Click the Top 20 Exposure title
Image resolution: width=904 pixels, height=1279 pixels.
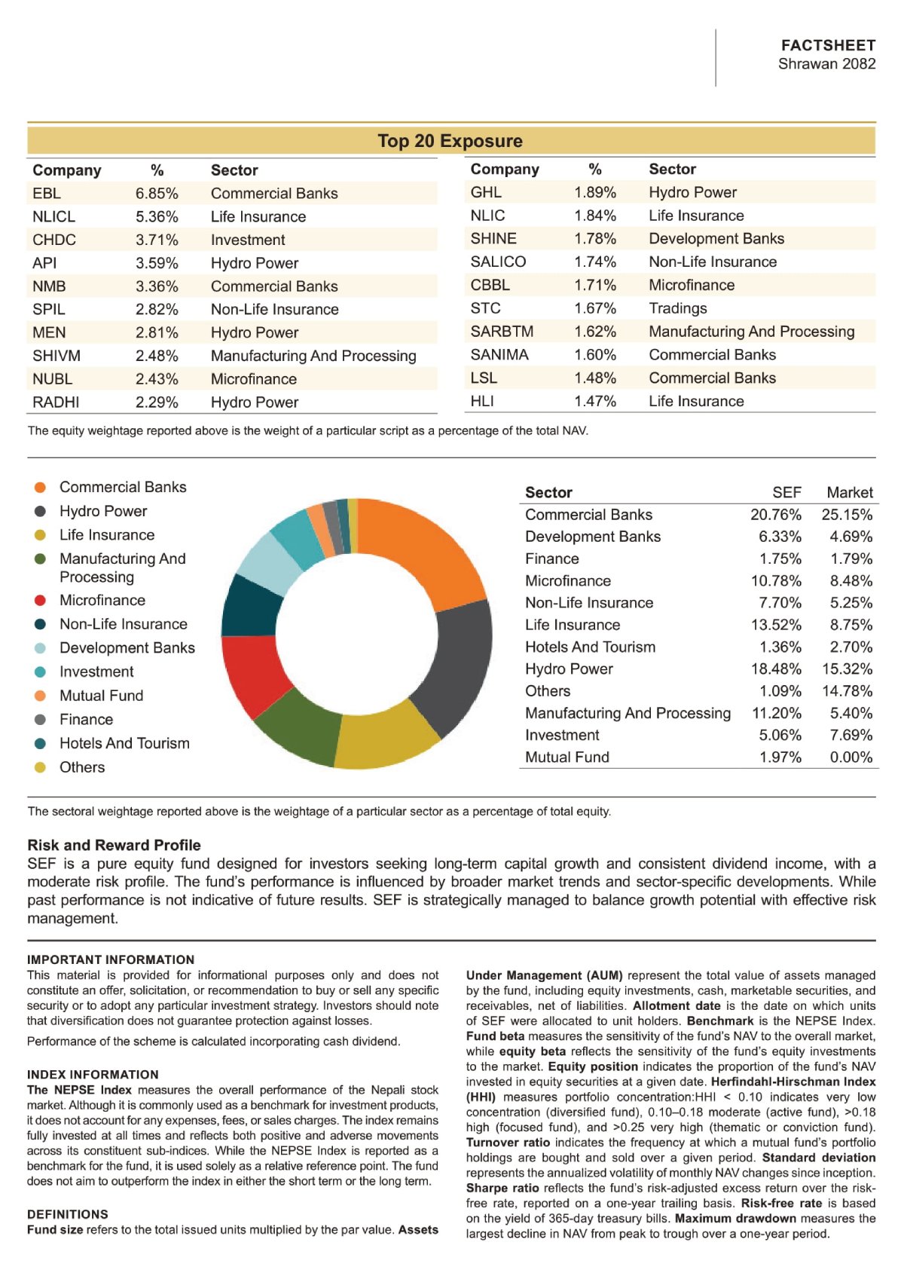450,140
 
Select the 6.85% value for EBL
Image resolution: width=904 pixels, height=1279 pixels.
157,194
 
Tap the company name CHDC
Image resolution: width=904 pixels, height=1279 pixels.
54,240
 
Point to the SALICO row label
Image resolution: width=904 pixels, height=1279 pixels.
498,262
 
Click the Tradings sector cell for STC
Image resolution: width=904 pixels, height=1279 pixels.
677,308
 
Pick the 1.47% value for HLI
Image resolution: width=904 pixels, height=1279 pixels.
594,401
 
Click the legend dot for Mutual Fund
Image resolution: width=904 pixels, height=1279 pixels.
40,696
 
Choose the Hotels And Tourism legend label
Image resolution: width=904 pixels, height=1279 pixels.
124,743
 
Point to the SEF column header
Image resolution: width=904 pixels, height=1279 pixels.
786,492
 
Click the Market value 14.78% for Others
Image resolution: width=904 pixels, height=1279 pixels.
847,691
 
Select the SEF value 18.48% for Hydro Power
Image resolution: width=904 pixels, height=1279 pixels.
776,669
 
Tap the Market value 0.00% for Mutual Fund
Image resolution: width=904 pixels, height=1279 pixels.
851,757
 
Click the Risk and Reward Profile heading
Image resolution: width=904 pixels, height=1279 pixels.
115,845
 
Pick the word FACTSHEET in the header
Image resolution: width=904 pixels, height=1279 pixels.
828,45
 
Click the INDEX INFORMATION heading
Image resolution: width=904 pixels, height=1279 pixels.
93,1074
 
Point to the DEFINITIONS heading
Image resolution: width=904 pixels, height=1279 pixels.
67,1214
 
